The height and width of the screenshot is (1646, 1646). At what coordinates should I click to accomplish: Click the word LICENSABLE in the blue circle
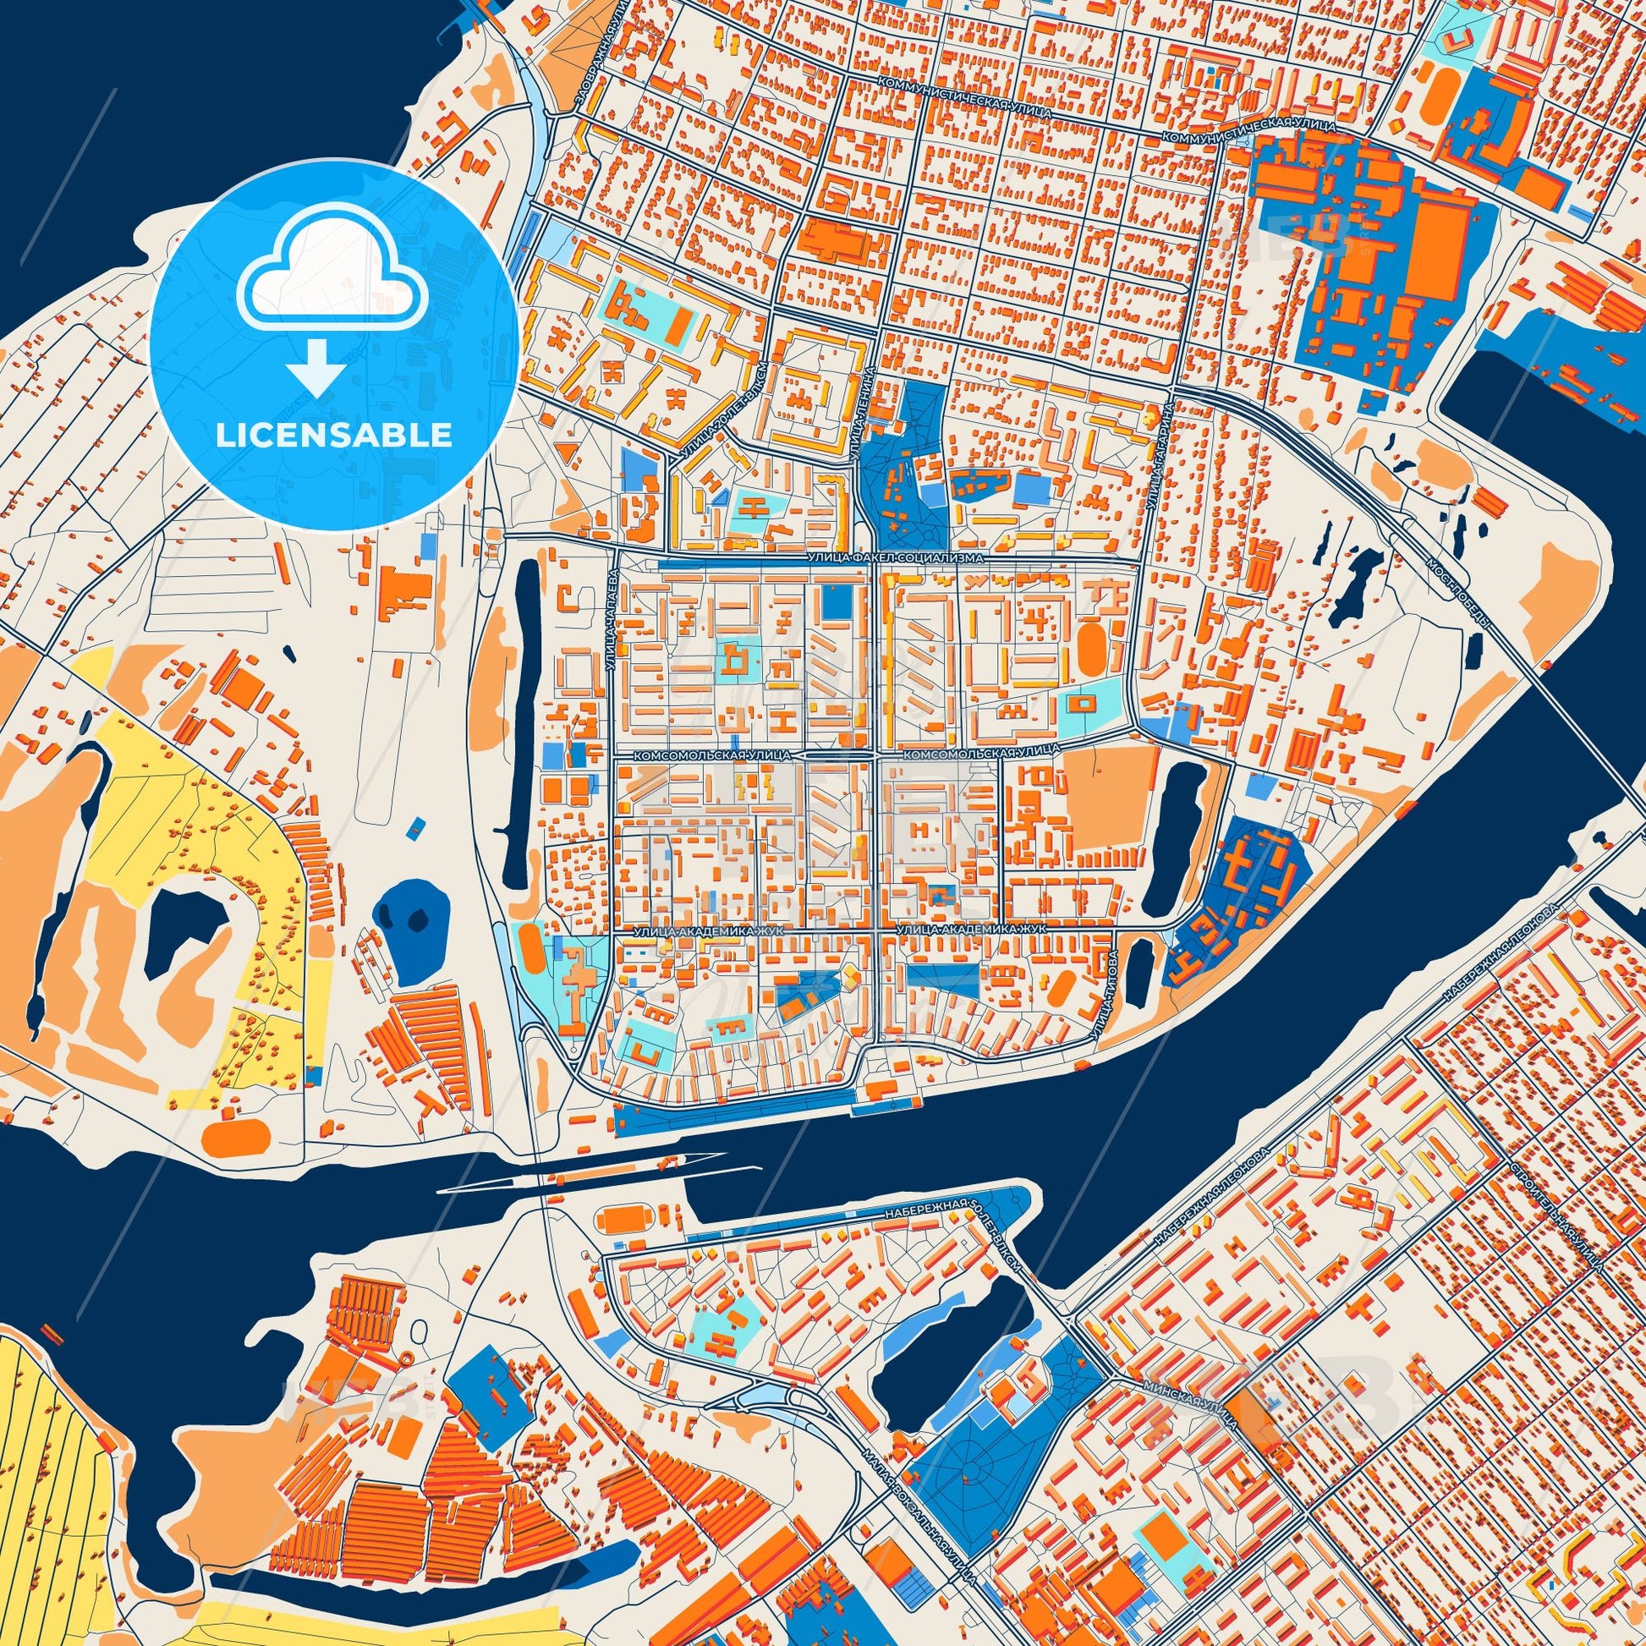333,436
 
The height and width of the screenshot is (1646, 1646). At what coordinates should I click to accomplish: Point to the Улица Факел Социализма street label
894,557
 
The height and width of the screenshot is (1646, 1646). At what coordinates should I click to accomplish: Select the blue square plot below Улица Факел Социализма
837,602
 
